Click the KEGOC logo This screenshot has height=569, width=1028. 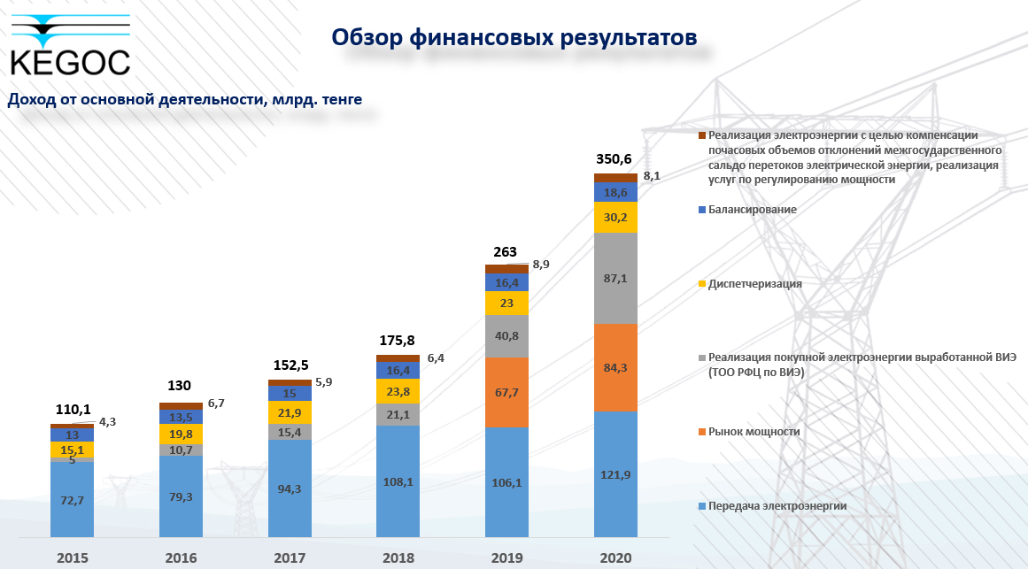click(70, 44)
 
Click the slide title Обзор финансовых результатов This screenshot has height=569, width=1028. click(514, 37)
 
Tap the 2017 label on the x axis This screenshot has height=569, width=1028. click(290, 558)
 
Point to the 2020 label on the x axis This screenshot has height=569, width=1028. click(615, 558)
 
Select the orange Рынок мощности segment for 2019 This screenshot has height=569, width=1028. click(506, 392)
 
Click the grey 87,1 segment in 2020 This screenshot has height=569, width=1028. click(615, 278)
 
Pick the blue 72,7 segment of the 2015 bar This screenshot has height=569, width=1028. click(72, 500)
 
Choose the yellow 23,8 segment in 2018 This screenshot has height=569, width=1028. click(398, 390)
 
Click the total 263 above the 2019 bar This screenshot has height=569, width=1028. click(506, 251)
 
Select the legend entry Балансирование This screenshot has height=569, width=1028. click(752, 210)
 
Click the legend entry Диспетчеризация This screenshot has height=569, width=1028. click(754, 284)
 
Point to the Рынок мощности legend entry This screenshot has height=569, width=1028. click(753, 432)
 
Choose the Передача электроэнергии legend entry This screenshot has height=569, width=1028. click(777, 506)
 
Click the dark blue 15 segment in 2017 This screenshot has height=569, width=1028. click(290, 393)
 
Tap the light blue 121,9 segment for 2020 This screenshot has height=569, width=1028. click(615, 475)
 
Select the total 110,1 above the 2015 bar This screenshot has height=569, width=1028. click(72, 410)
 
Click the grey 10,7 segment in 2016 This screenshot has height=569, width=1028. click(181, 450)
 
